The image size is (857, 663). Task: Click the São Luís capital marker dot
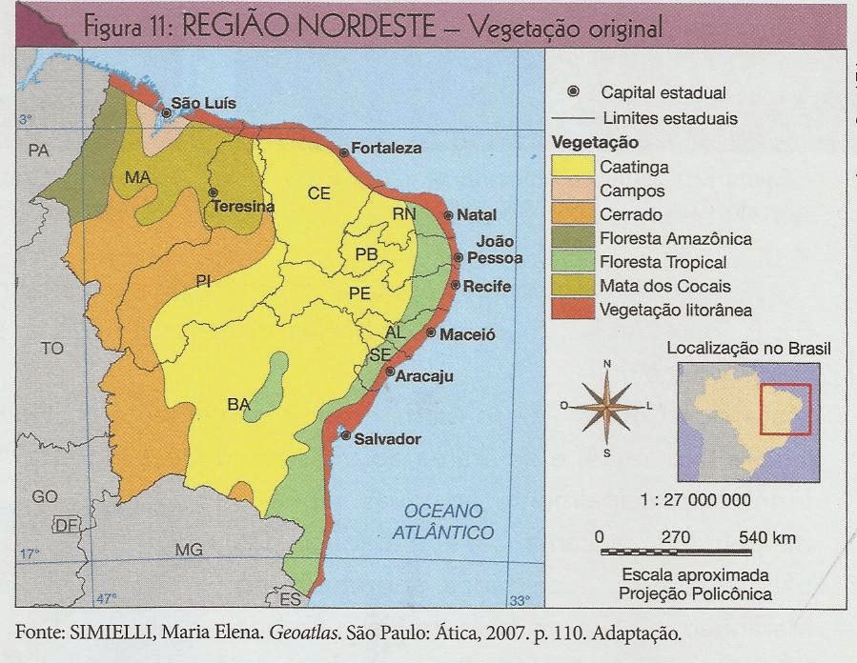click(167, 112)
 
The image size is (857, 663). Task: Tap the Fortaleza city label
click(386, 148)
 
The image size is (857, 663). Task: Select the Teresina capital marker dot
click(214, 191)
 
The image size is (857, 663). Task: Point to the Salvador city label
click(387, 438)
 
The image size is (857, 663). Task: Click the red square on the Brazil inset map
click(785, 409)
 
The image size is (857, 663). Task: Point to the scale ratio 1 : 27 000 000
click(695, 500)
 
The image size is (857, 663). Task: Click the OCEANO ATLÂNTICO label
click(443, 521)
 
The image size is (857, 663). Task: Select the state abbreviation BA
click(238, 404)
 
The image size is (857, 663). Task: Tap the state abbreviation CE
click(318, 192)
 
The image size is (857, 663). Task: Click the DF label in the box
click(67, 527)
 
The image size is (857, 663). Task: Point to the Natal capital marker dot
click(448, 215)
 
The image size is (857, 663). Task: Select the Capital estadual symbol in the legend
click(573, 92)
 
